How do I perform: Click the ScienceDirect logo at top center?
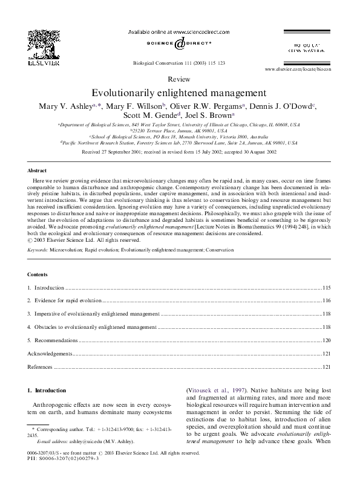coord(179,44)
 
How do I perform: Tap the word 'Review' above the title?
coord(179,79)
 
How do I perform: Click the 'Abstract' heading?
coord(38,171)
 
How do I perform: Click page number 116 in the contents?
coord(326,300)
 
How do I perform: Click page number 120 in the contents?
coord(326,340)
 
